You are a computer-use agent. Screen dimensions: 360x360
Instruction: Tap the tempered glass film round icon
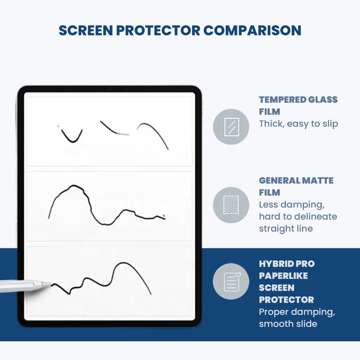(x=231, y=127)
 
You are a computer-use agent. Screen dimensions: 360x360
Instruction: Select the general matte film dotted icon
(x=231, y=205)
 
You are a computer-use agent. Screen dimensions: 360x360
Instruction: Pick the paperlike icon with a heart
(x=231, y=282)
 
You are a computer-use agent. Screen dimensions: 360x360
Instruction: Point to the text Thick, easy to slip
(x=298, y=124)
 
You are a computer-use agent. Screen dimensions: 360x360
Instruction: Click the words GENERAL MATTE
(x=296, y=181)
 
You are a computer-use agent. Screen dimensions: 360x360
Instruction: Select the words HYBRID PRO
(x=286, y=264)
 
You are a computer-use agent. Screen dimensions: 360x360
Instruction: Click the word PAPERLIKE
(x=283, y=276)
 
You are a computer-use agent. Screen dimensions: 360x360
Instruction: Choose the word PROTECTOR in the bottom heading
(x=286, y=300)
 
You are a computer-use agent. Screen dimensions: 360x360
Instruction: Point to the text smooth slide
(x=288, y=324)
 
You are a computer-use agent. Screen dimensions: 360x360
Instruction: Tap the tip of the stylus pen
(x=51, y=284)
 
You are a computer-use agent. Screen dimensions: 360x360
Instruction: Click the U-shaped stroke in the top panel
(x=72, y=137)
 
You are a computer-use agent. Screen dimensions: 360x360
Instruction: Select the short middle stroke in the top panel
(x=114, y=129)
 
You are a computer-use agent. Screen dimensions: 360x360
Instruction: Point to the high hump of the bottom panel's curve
(x=124, y=265)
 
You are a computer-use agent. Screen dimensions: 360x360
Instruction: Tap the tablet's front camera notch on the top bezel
(x=109, y=88)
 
